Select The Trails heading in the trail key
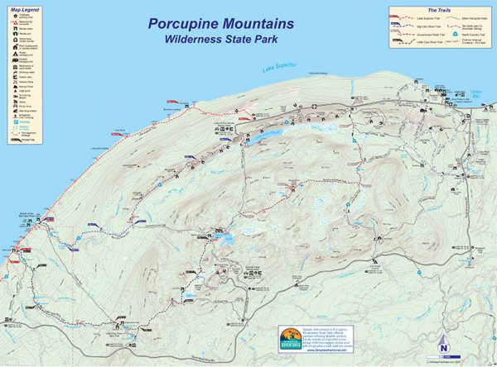438,10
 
